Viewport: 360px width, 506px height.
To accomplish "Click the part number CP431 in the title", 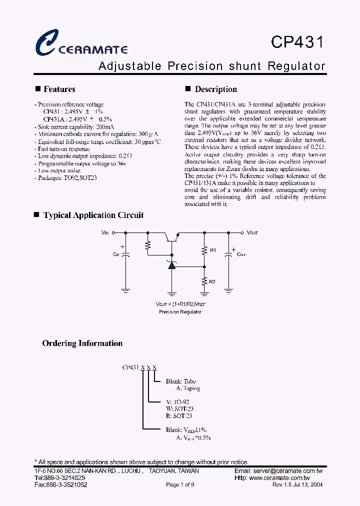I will tap(297, 42).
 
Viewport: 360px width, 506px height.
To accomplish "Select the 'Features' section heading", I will tap(59, 89).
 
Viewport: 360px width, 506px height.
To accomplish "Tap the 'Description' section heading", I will tap(215, 89).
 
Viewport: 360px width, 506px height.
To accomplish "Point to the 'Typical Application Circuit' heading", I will tap(93, 215).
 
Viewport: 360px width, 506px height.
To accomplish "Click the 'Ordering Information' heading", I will tap(82, 343).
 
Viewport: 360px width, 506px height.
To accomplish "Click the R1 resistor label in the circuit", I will tap(212, 249).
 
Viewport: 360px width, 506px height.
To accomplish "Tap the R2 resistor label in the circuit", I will tap(212, 281).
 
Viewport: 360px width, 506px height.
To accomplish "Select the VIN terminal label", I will tap(105, 232).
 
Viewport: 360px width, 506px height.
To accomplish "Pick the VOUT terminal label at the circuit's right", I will tap(252, 232).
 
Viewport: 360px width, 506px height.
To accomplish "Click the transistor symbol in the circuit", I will tap(171, 236).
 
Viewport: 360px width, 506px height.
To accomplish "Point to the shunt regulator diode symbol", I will tap(172, 264).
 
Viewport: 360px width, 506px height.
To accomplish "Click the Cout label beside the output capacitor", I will tap(241, 254).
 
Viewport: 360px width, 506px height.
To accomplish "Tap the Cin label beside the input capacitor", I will tap(115, 254).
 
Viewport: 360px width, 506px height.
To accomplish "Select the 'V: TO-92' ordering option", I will tap(177, 401).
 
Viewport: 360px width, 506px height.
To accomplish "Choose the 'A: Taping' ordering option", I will tap(188, 388).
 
